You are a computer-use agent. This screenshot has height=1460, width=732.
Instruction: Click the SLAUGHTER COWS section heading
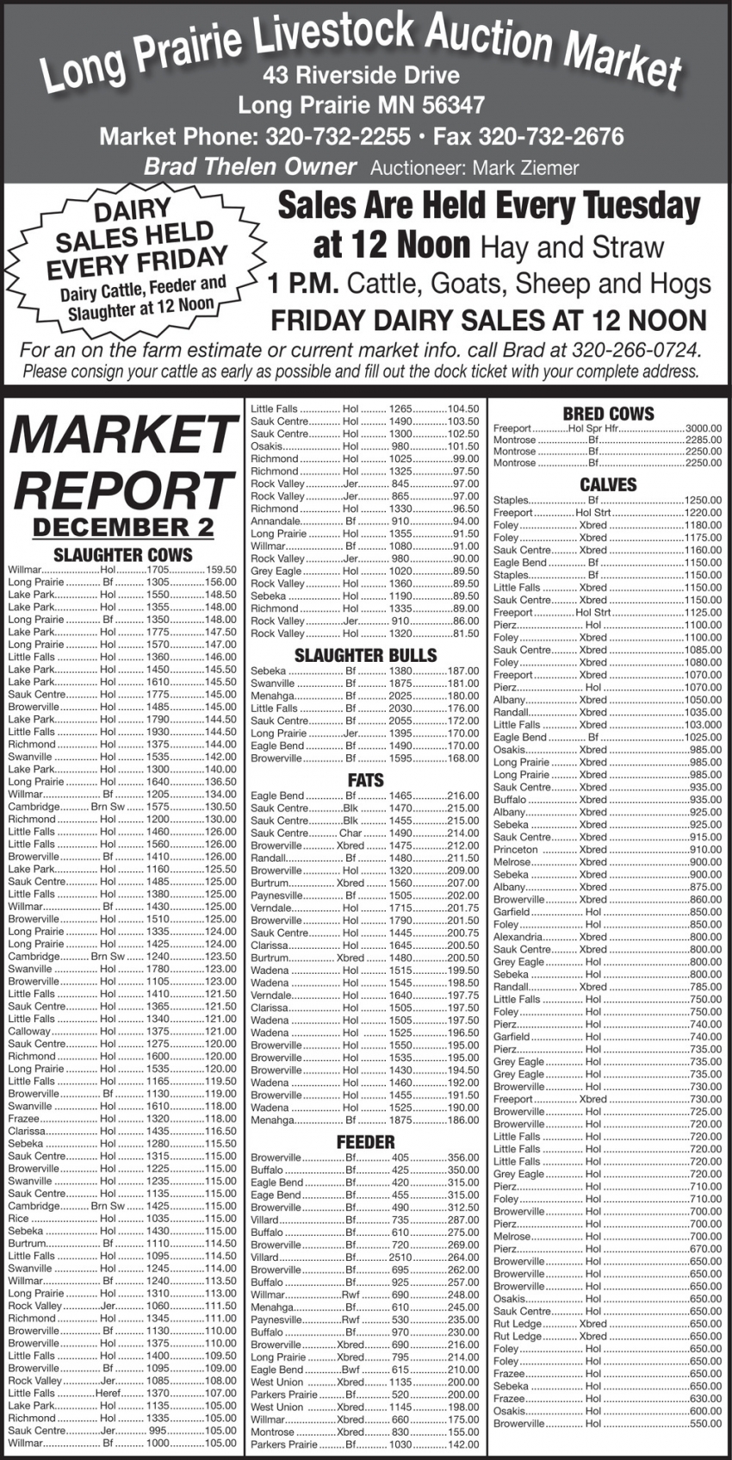pos(123,554)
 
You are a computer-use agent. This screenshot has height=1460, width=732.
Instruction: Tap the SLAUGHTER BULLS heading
pos(365,655)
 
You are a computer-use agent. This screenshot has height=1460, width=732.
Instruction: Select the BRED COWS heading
pos(608,414)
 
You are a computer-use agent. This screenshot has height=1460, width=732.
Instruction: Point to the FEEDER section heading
pos(365,1142)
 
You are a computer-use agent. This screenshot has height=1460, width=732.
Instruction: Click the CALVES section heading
pos(608,484)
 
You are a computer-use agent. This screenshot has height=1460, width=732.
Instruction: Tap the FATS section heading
pos(365,780)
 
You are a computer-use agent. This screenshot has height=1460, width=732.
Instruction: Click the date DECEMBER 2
pos(122,527)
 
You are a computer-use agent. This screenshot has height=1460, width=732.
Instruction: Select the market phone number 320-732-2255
pos(338,137)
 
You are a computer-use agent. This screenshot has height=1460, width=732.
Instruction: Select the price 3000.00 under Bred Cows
pos(703,427)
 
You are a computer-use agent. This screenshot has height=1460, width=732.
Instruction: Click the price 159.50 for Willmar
pos(220,570)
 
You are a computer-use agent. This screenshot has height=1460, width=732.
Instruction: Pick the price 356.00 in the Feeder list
pos(462,1157)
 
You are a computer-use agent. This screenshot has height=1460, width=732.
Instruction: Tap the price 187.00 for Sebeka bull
pos(462,671)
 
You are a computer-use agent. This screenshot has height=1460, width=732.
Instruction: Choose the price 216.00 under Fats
pos(462,796)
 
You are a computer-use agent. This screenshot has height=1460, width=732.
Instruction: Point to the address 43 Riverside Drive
pos(362,76)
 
